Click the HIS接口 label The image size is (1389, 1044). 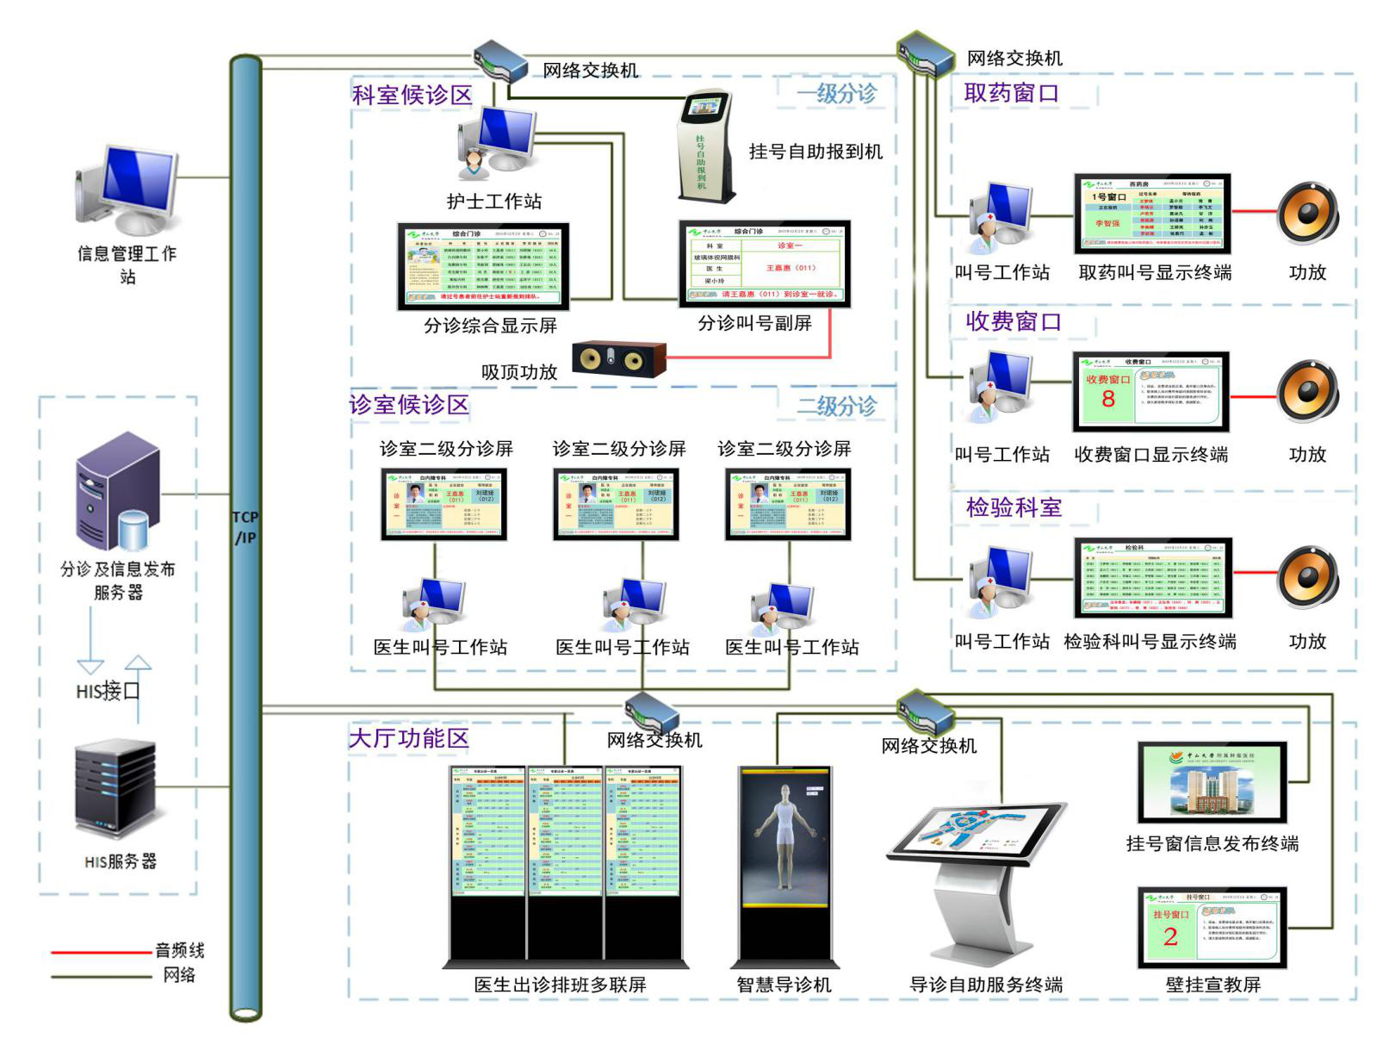(108, 691)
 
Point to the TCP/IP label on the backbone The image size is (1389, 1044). (245, 527)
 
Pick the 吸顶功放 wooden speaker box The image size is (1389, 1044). (619, 358)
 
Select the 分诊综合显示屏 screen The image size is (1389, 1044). (483, 266)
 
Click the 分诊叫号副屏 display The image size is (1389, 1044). (765, 264)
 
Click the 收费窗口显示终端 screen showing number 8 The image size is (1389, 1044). (1150, 391)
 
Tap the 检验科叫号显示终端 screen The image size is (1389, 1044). (1153, 577)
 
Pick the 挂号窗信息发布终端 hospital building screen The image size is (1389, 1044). (1212, 783)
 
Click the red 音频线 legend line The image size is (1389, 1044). (102, 952)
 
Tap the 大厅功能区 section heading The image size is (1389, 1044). (408, 738)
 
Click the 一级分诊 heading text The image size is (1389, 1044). (835, 93)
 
